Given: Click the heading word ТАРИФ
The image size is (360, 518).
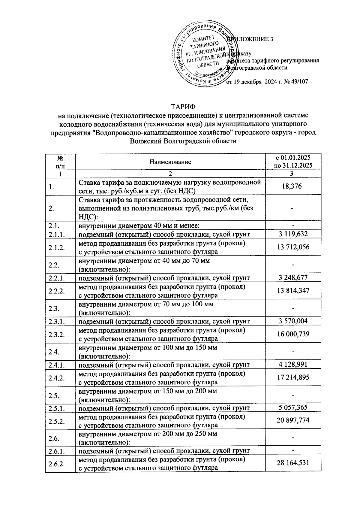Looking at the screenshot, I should click(183, 107).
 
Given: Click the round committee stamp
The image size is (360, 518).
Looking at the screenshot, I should click(205, 55).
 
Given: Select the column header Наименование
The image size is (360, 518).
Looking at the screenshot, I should click(170, 162).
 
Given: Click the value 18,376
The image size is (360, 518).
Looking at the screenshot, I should click(293, 186).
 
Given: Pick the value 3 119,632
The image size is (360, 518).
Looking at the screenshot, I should click(293, 234).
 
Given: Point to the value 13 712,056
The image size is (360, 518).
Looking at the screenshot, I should click(293, 247).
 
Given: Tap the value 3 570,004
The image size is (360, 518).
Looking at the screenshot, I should click(293, 321).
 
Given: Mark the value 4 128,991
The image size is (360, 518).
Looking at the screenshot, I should click(293, 365).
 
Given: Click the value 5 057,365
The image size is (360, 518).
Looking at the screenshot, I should click(293, 408).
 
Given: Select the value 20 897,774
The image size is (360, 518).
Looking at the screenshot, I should click(293, 421).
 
